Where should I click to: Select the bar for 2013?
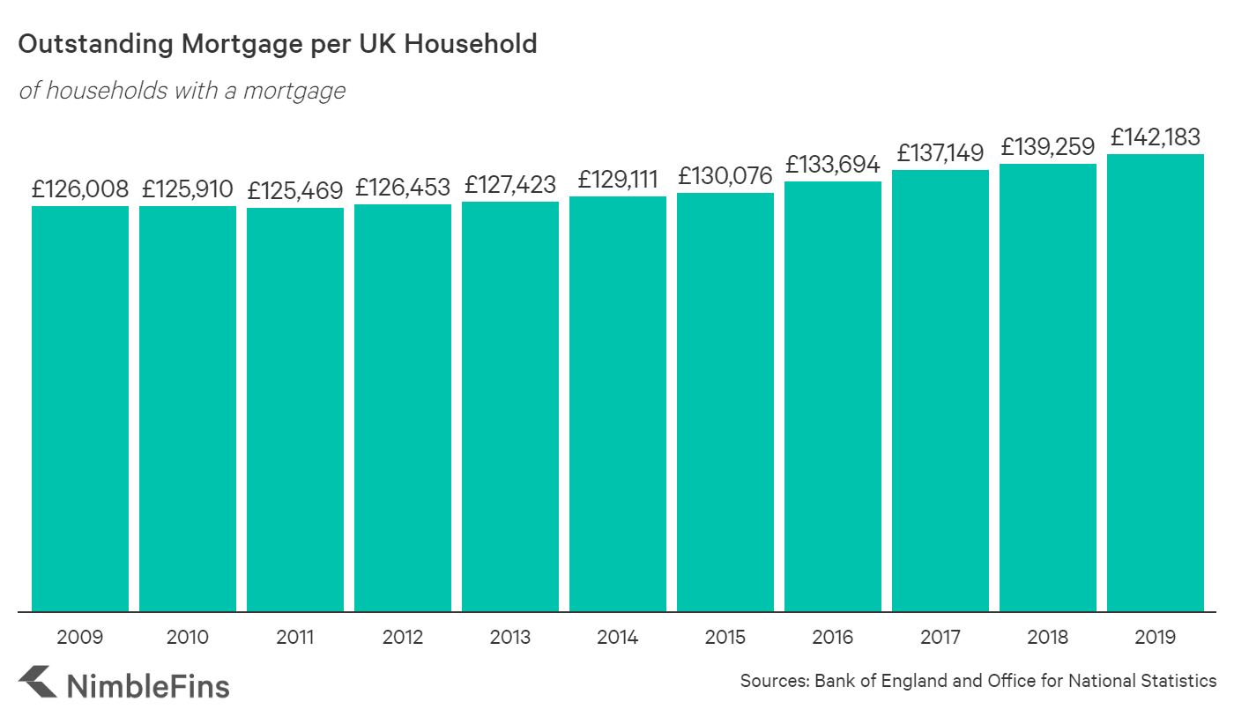click(x=510, y=406)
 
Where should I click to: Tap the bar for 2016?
click(x=833, y=395)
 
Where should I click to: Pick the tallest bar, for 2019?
click(x=1156, y=382)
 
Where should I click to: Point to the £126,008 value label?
click(x=80, y=188)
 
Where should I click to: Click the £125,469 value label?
click(x=295, y=190)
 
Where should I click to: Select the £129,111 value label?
click(x=618, y=180)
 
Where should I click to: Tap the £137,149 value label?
click(x=940, y=153)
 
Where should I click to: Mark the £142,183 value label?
click(x=1156, y=137)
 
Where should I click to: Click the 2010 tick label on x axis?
click(x=188, y=638)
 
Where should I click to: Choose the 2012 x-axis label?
click(x=403, y=638)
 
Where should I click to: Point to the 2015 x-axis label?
click(x=725, y=638)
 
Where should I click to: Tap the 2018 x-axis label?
click(x=1048, y=638)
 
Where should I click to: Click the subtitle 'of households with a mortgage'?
click(x=182, y=91)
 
